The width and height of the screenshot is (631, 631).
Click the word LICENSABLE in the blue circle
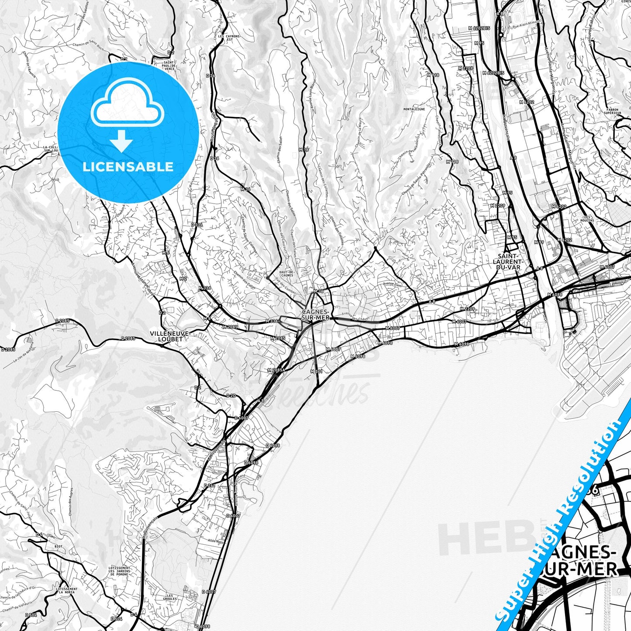(128, 166)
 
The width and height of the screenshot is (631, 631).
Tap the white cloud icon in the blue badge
(128, 107)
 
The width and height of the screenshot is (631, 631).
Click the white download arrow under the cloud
(121, 141)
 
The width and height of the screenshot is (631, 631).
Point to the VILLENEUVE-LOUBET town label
(170, 336)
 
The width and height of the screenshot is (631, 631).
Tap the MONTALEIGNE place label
(414, 109)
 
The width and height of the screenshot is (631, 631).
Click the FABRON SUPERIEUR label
(614, 111)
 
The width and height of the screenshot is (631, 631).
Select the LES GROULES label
(171, 597)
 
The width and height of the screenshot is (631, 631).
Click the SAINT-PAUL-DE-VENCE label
(169, 66)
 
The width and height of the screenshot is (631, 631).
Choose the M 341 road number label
(316, 371)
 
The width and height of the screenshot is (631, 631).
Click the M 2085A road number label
(276, 370)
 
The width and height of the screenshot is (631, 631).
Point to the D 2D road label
(231, 396)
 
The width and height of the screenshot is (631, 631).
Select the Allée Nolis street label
(216, 540)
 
